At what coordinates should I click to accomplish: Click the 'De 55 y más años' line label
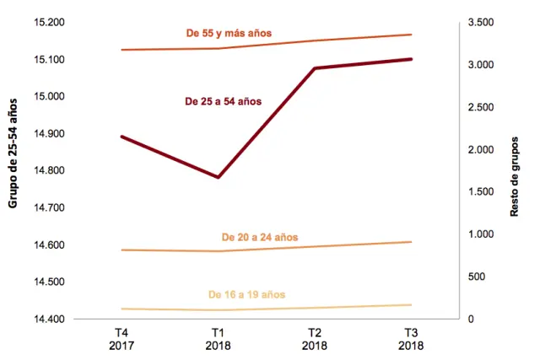coord(229,34)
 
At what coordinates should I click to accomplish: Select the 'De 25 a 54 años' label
coord(223,101)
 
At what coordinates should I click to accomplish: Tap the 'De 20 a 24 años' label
coord(259,237)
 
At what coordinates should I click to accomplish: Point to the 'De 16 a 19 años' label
coord(246,294)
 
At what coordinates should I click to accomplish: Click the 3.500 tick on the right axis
coord(491,22)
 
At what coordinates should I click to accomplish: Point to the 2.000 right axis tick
coord(491,149)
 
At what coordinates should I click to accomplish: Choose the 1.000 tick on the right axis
coord(491,234)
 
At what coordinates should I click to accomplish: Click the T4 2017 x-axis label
coord(121,339)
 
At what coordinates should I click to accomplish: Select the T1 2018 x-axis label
coord(219,339)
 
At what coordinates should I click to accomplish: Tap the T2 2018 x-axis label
coord(315,339)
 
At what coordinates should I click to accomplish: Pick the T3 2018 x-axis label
coord(411,339)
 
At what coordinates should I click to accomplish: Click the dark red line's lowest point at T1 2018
coord(219,177)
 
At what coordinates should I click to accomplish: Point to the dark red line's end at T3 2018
coord(411,59)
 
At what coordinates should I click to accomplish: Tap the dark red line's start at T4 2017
coord(122,137)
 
